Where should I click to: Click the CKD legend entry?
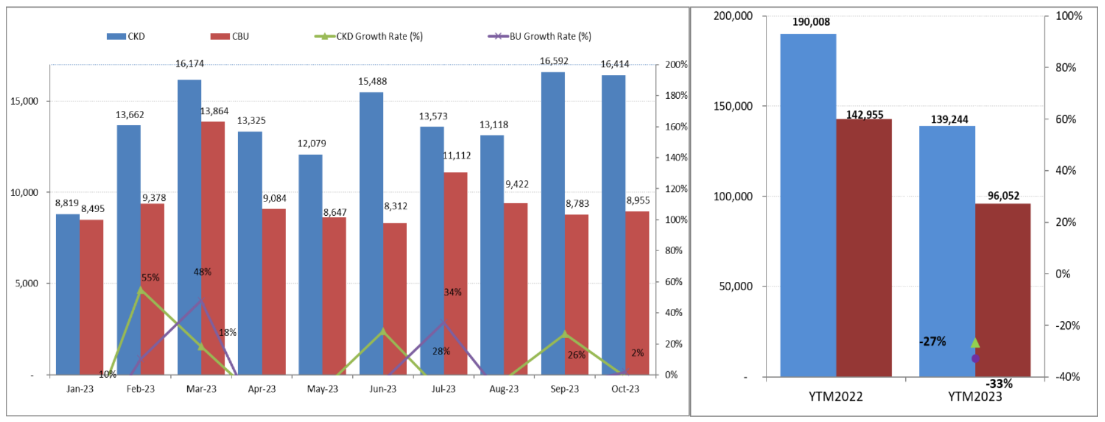click(126, 37)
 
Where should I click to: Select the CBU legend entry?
click(230, 37)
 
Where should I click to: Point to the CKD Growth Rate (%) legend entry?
click(369, 37)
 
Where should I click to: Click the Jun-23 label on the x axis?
click(383, 389)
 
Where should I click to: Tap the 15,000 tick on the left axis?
click(24, 101)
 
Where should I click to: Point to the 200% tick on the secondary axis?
click(676, 64)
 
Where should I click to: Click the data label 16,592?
click(554, 61)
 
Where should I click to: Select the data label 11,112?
click(457, 156)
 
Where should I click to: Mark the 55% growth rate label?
click(150, 278)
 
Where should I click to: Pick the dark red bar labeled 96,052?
click(1003, 290)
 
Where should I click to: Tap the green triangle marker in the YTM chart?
click(975, 343)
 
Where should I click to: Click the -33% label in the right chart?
click(999, 384)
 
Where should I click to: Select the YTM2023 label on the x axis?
click(975, 397)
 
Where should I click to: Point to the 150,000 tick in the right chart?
click(733, 106)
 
